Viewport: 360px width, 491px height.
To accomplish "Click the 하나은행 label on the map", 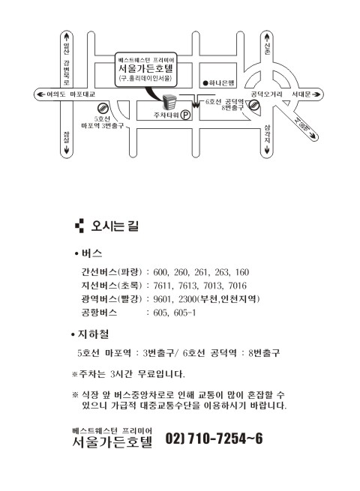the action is click(x=221, y=83).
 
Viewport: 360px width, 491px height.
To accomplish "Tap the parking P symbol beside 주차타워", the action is click(x=186, y=115).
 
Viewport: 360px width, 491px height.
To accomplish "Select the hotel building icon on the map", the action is click(x=169, y=102).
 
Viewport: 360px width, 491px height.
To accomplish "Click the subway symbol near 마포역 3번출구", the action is click(x=103, y=109).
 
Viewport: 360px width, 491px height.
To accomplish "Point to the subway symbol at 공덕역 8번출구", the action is click(x=254, y=105).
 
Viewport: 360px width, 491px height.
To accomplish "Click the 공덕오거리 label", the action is click(x=266, y=94).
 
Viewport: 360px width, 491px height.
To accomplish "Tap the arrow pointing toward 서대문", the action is click(x=316, y=94).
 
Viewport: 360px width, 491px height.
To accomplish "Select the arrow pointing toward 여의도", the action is click(x=40, y=94).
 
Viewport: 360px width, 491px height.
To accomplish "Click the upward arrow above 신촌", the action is click(x=267, y=37).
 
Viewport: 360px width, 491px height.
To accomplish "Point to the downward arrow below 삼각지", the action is click(x=267, y=150).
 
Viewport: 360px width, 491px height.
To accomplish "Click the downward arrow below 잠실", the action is click(x=67, y=150).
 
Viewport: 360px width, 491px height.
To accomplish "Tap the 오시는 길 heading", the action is click(x=115, y=226).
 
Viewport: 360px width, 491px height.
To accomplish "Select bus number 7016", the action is click(x=237, y=286).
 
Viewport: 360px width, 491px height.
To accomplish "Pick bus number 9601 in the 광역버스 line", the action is click(x=162, y=299).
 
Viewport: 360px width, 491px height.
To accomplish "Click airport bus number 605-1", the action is click(x=184, y=313).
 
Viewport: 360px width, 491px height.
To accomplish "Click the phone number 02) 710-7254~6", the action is click(x=214, y=439).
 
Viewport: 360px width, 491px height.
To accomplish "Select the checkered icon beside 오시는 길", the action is click(x=79, y=226).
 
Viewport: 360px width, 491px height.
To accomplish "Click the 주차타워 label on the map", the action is click(x=166, y=115).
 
